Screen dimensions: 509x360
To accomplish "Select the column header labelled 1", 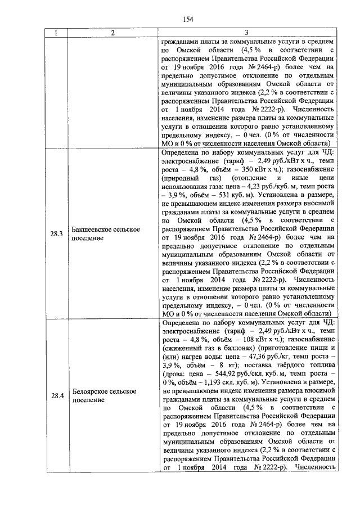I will [56, 33].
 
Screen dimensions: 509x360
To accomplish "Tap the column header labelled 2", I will [112, 33].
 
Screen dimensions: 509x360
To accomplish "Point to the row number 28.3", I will [56, 233].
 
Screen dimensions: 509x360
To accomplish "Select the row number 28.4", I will [56, 396].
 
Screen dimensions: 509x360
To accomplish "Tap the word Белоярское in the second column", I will [91, 391].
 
